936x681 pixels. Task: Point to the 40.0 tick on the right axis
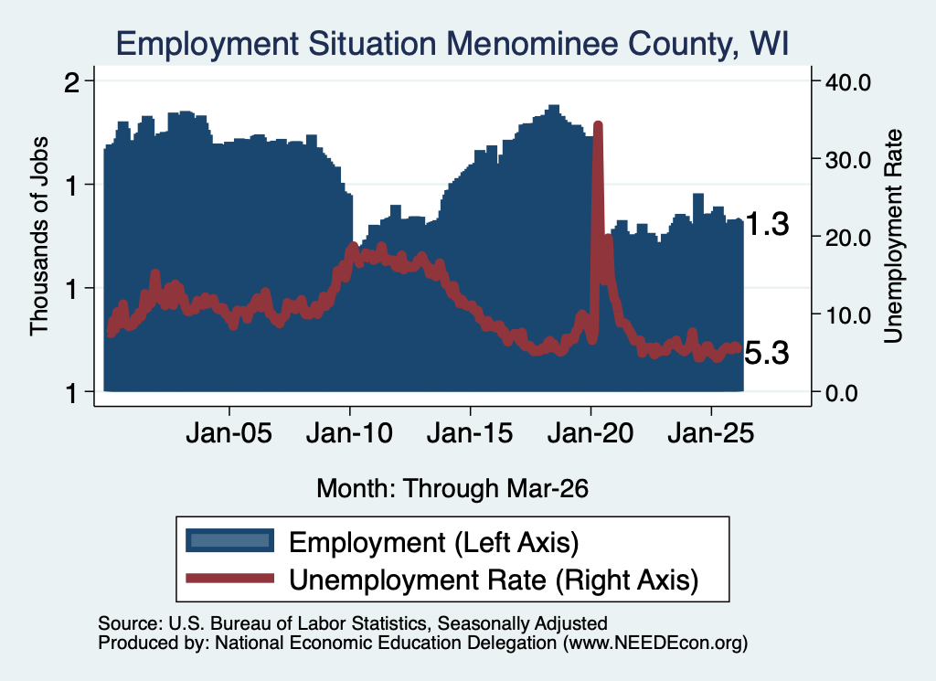point(847,82)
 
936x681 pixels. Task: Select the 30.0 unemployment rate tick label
point(847,160)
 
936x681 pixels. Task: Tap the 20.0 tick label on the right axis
point(847,238)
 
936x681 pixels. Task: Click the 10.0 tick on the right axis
point(847,315)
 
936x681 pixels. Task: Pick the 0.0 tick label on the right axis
point(842,393)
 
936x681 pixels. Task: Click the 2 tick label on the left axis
point(71,82)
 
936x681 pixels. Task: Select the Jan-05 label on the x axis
point(229,432)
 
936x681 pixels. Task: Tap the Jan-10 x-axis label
point(350,432)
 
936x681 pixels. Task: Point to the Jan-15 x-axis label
point(470,432)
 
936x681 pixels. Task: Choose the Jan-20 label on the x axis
point(590,432)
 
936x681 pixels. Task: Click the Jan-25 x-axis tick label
point(711,432)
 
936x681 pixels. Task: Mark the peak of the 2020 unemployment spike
point(598,124)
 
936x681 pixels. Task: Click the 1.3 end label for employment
point(768,225)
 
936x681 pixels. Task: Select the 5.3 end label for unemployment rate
point(767,353)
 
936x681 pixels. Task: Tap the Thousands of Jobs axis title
point(38,236)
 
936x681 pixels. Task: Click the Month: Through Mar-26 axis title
point(452,488)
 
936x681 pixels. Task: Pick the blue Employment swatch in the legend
point(229,541)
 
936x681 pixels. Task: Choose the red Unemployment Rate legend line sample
point(229,579)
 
